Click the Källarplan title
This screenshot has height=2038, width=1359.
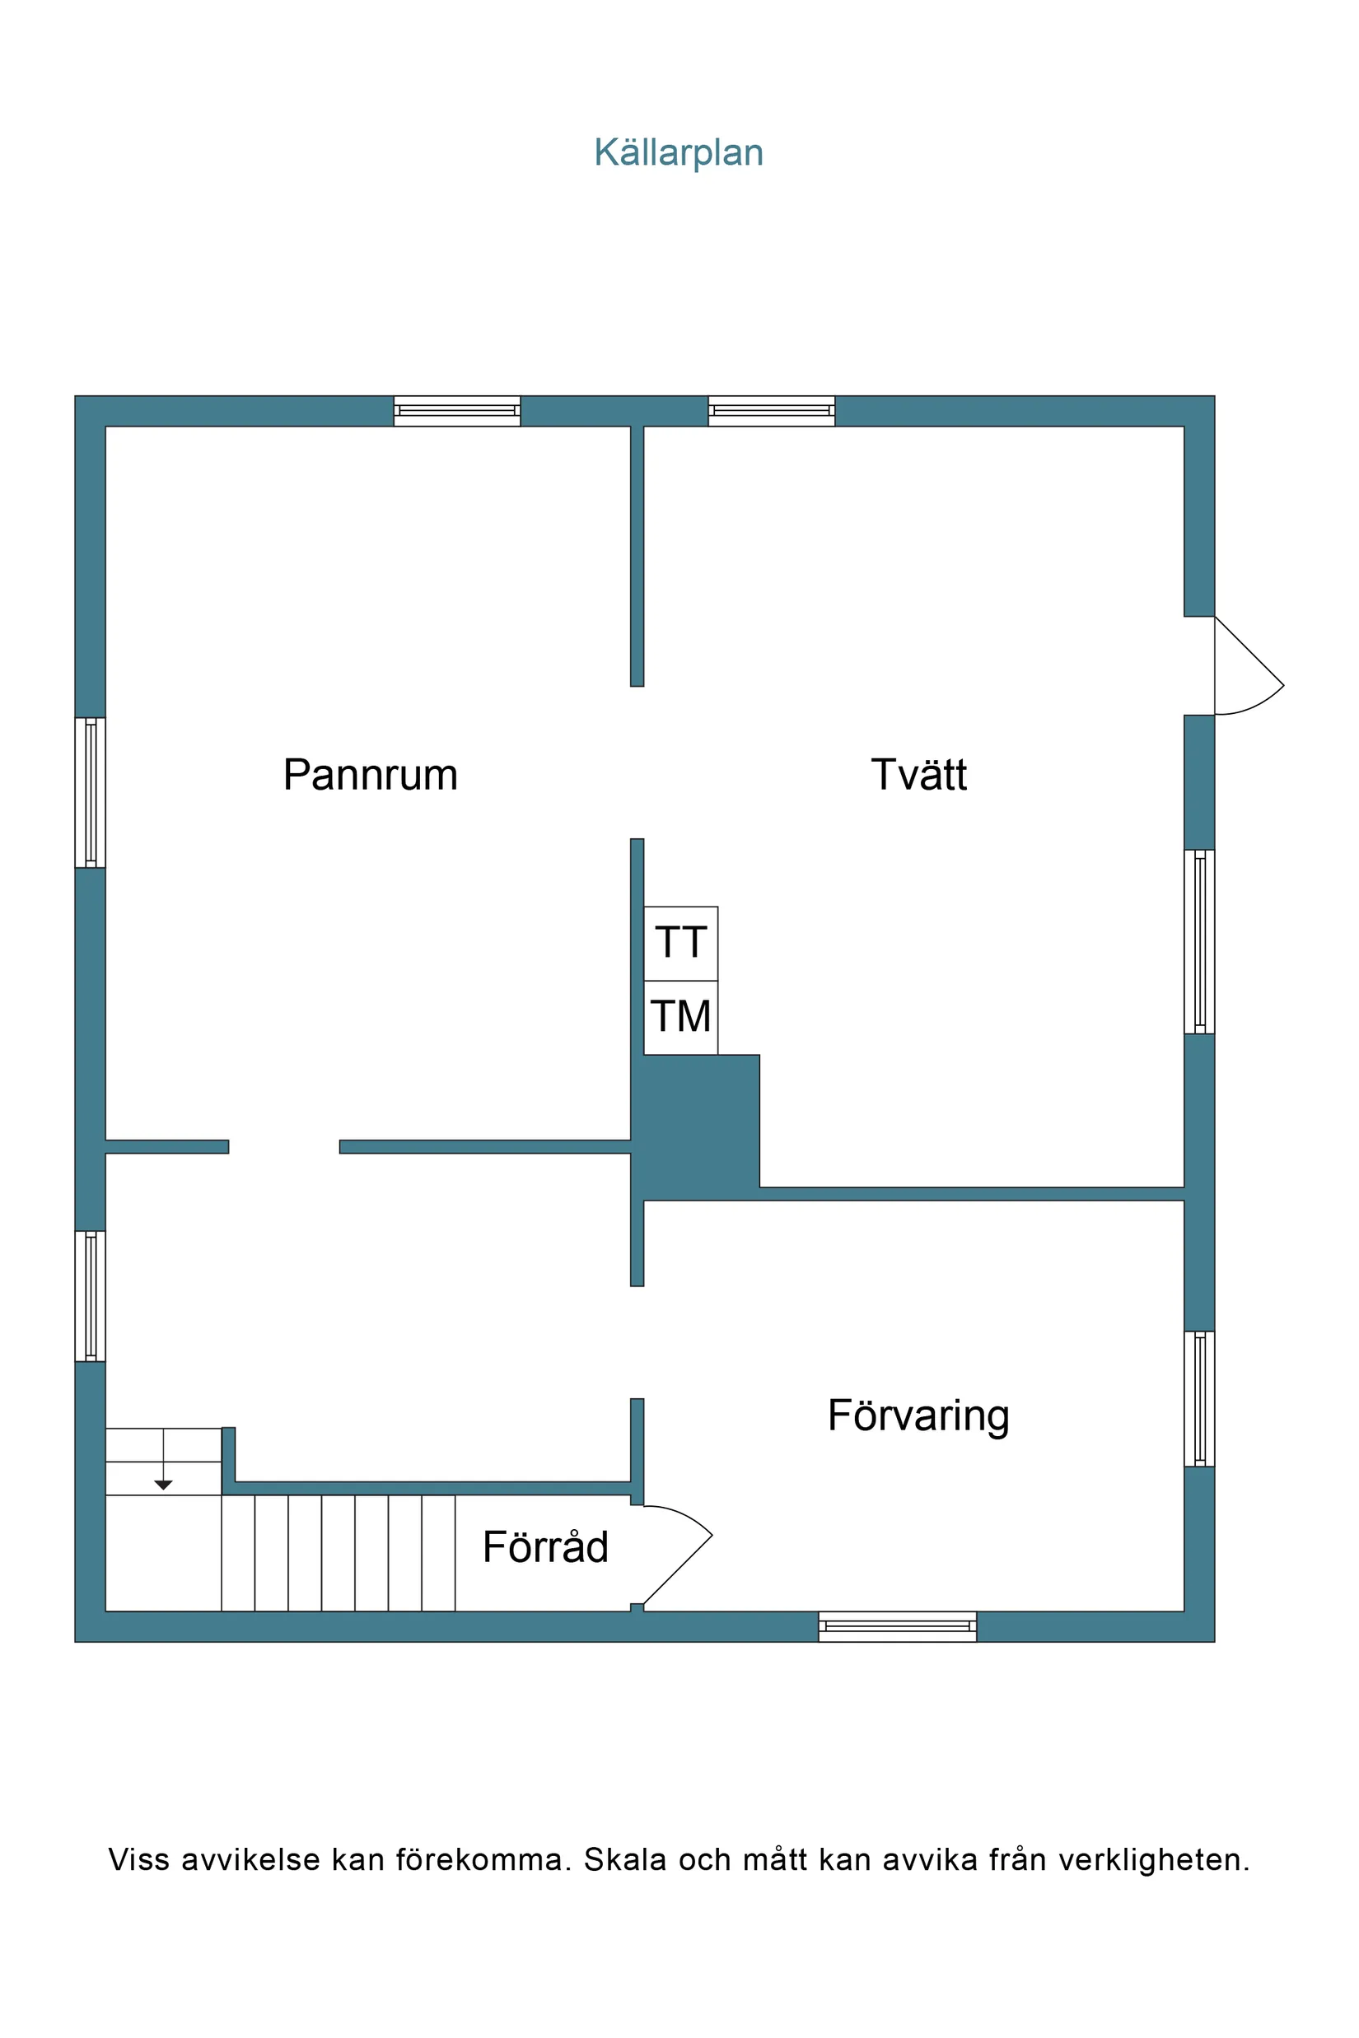(x=678, y=152)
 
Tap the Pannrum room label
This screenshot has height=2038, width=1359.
(x=370, y=775)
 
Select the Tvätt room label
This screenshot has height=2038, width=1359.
(x=918, y=775)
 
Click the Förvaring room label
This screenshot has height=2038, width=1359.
(x=918, y=1415)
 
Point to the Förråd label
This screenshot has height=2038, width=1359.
(x=545, y=1547)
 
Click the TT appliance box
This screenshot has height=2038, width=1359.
(x=680, y=944)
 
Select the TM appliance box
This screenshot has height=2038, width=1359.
(x=680, y=1017)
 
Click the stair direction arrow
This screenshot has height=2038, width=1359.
(x=163, y=1485)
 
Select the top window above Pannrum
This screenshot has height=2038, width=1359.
(x=457, y=411)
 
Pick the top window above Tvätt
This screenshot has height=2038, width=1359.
(x=772, y=411)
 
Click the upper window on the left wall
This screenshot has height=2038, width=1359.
(x=90, y=792)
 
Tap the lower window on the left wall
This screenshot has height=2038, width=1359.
(x=90, y=1295)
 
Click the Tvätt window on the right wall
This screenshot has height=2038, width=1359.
(x=1198, y=941)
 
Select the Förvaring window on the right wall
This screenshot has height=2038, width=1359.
(x=1198, y=1397)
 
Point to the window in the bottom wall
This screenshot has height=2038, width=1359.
(x=897, y=1626)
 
